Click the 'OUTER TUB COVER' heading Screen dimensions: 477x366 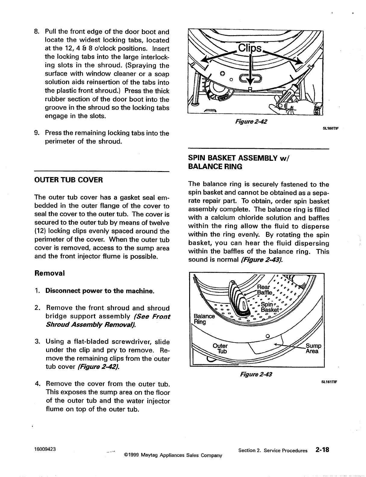click(x=69, y=180)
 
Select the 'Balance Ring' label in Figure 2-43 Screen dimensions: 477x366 click(x=204, y=319)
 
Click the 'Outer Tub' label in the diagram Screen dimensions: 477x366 click(x=220, y=348)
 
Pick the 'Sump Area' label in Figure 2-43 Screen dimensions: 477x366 click(x=313, y=348)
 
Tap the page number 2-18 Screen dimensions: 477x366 click(x=322, y=450)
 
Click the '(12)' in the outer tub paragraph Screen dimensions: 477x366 click(x=41, y=231)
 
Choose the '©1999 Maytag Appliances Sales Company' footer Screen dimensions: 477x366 click(x=173, y=455)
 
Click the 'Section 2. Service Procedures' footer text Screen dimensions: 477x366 click(x=273, y=450)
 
